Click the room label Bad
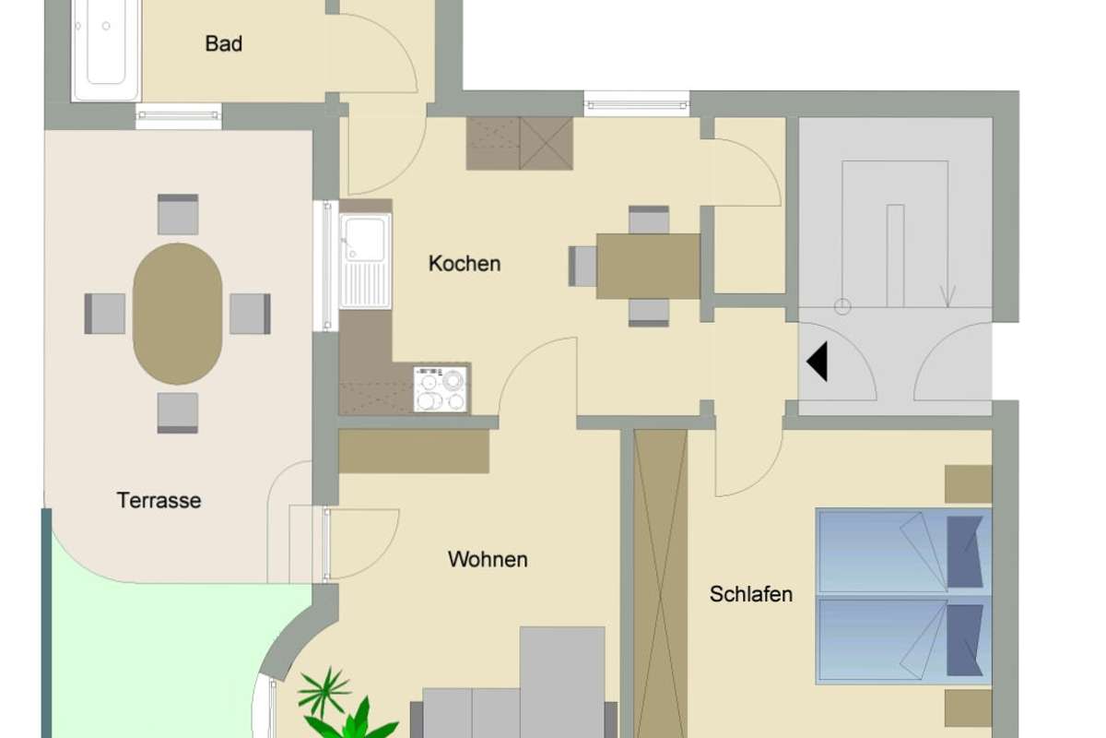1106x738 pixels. click(224, 43)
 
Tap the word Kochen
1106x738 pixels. click(465, 264)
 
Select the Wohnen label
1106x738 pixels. click(488, 560)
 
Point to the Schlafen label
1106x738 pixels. click(751, 594)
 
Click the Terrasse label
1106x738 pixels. click(159, 501)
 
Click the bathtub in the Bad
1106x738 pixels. click(106, 51)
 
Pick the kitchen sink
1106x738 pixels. click(365, 260)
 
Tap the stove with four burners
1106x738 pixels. click(441, 388)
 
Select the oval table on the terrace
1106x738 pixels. click(178, 314)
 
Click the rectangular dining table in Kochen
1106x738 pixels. click(648, 267)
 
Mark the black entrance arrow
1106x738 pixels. click(818, 362)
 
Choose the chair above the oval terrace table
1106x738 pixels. click(178, 214)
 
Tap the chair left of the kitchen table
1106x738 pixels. click(583, 266)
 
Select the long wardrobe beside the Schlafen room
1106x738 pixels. click(661, 581)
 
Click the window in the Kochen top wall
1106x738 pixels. click(637, 103)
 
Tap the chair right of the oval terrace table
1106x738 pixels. click(250, 314)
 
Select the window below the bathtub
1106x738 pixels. click(179, 115)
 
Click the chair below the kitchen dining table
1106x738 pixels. click(649, 312)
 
